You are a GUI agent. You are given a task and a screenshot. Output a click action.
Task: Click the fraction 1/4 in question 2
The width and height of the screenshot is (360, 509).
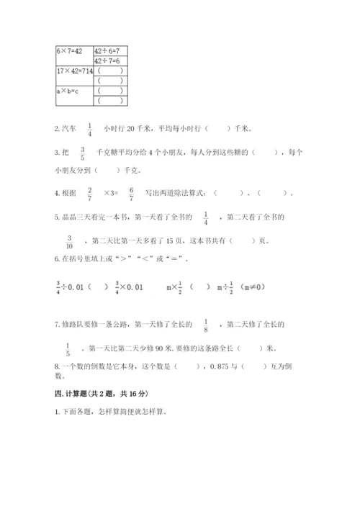click(x=90, y=129)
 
